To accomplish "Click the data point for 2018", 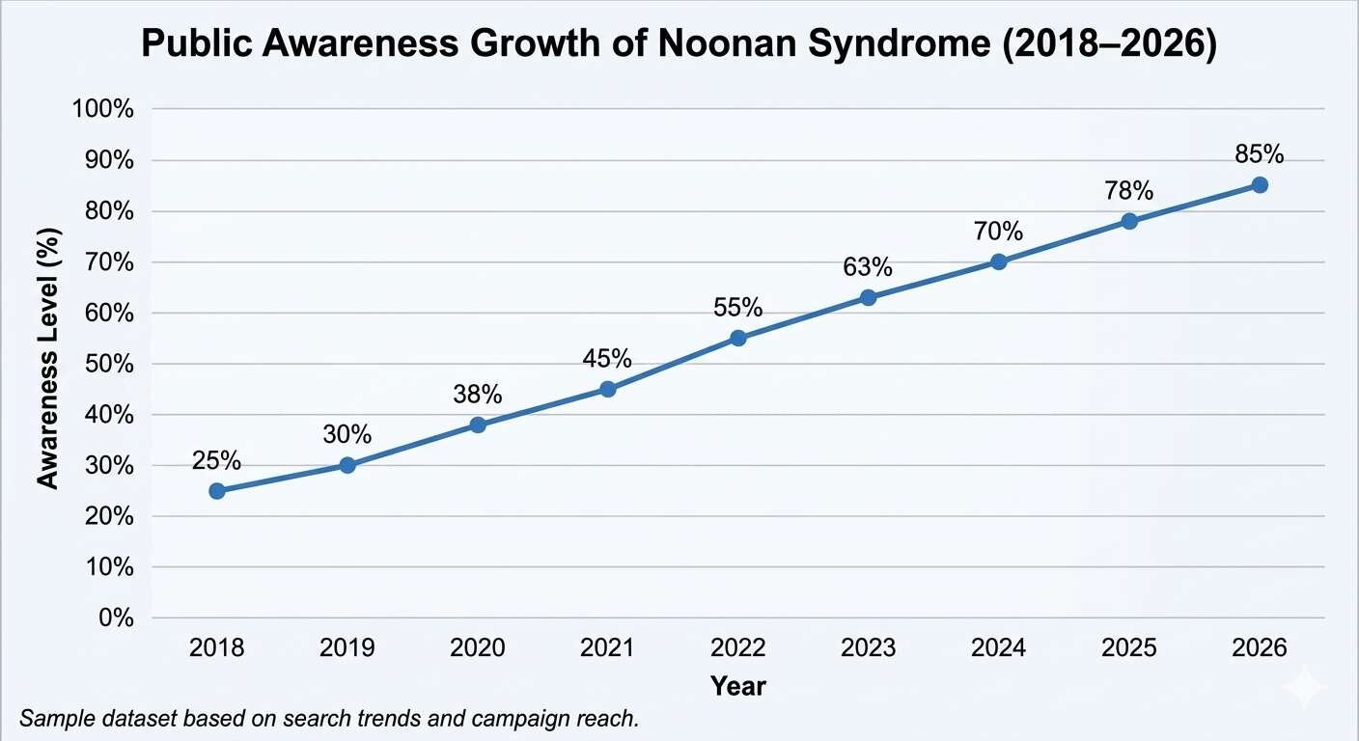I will tap(217, 491).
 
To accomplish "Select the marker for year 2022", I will tap(738, 338).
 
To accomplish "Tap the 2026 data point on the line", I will tap(1260, 184).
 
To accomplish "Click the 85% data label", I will tap(1260, 154).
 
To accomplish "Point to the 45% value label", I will tap(607, 359).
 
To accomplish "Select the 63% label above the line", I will tap(868, 267).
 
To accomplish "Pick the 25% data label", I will tap(217, 460).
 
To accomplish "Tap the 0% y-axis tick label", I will tap(114, 618).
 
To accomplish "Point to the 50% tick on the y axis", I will tap(107, 364).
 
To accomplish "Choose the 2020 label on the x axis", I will tap(477, 648).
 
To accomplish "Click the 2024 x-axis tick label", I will tap(998, 648).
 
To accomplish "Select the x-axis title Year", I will tap(737, 686).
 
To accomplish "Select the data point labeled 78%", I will tap(1129, 221).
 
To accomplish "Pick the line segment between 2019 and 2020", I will tap(412, 445).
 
